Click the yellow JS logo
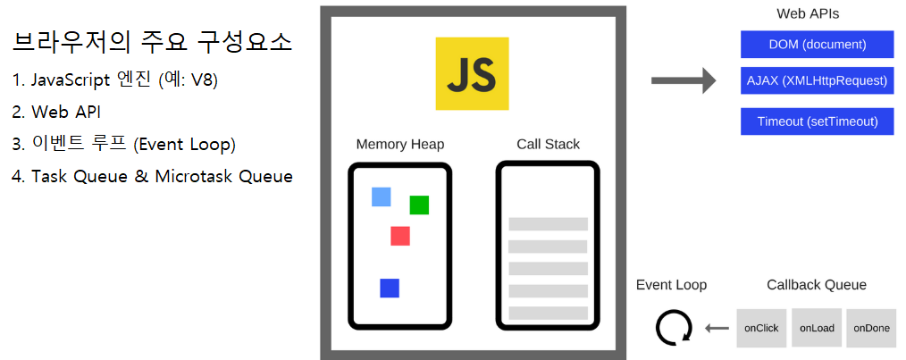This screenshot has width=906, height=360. pos(472,73)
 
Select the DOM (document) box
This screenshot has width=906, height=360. pos(817,44)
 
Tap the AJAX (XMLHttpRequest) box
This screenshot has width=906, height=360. pos(817,80)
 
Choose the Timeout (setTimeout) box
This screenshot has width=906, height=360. pos(817,121)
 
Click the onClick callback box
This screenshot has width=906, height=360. pos(761,328)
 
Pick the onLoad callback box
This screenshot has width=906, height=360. pos(817,328)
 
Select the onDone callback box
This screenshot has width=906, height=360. pos(871,328)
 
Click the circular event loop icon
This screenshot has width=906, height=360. pos(672,328)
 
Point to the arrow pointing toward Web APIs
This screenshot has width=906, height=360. pos(684,81)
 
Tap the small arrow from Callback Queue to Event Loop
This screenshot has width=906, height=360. pos(717,329)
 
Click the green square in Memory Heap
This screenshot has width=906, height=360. pos(419,205)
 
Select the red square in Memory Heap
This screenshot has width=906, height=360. pos(400,236)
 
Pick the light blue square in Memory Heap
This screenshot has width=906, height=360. pos(382,197)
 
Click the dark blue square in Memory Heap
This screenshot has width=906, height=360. pos(390,288)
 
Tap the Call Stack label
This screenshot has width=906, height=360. pos(548,144)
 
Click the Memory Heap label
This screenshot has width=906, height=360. pos(399,144)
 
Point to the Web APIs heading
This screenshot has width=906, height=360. pos(807,13)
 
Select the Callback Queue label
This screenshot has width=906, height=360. pos(816,285)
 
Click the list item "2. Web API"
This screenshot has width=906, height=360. pos(56,112)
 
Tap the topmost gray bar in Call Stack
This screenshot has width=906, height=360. pos(548,224)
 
